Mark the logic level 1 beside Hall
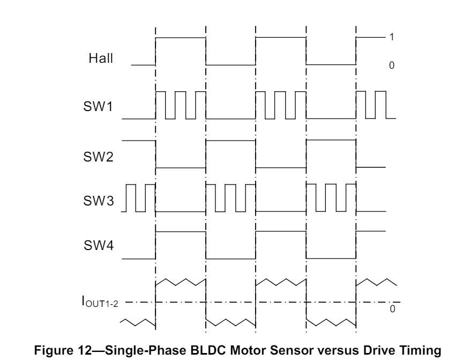pyautogui.click(x=392, y=38)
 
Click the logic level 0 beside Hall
pyautogui.click(x=392, y=65)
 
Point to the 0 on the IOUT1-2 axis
pyautogui.click(x=392, y=310)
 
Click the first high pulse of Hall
pyautogui.click(x=180, y=38)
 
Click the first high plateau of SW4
pyautogui.click(x=180, y=232)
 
